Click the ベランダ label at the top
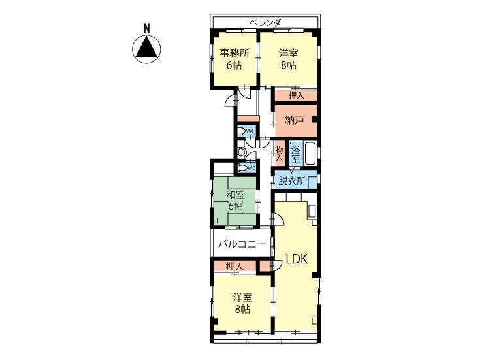click(x=265, y=23)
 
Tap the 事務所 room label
click(x=234, y=53)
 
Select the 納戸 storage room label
click(x=295, y=120)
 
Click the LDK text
click(x=297, y=259)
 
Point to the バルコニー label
click(x=242, y=244)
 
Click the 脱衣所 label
click(x=292, y=181)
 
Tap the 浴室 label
click(x=295, y=154)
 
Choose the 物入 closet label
click(x=280, y=154)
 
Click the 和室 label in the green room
click(x=236, y=195)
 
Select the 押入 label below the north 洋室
click(x=296, y=95)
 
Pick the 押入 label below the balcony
click(x=234, y=266)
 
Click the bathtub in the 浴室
click(x=310, y=154)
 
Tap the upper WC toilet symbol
click(x=242, y=131)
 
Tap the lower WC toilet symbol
click(x=242, y=168)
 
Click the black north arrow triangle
click(x=146, y=48)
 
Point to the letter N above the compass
click(x=147, y=29)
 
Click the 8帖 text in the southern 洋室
click(x=242, y=309)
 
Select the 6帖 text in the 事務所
click(x=234, y=65)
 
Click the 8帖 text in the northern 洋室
click(x=289, y=65)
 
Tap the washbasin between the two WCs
click(x=241, y=152)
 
